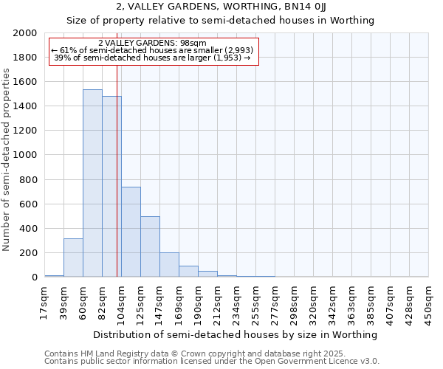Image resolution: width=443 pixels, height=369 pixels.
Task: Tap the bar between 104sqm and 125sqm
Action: [x=131, y=232]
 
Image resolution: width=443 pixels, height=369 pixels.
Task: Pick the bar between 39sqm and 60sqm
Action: [x=73, y=258]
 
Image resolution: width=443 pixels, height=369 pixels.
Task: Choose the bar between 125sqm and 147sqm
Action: [x=150, y=246]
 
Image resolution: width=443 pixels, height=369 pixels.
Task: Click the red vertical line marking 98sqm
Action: [x=117, y=170]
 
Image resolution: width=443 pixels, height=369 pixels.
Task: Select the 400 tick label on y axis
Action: [x=27, y=229]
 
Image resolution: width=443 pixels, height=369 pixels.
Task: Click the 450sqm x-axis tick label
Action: [x=428, y=303]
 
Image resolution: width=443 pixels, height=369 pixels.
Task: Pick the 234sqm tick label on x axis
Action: [x=236, y=303]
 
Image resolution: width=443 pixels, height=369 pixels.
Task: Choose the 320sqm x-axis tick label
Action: [x=313, y=303]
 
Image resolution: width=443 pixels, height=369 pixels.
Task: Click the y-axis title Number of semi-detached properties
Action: [x=7, y=159]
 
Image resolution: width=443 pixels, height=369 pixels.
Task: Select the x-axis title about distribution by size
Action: [x=236, y=334]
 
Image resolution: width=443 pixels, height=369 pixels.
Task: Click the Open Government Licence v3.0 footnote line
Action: [x=211, y=362]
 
